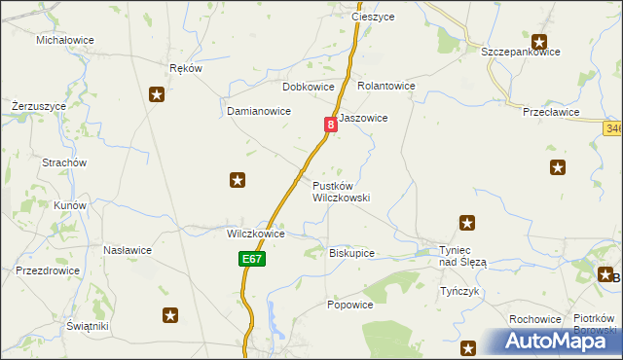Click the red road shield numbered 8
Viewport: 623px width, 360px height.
pyautogui.click(x=331, y=125)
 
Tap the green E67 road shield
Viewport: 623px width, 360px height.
pyautogui.click(x=251, y=259)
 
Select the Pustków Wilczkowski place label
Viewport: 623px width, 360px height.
pyautogui.click(x=341, y=191)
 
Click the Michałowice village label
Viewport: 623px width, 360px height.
pyautogui.click(x=65, y=40)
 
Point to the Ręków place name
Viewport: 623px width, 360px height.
pyautogui.click(x=185, y=68)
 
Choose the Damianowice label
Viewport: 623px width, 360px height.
pyautogui.click(x=259, y=111)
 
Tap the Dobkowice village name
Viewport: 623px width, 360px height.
pyautogui.click(x=309, y=86)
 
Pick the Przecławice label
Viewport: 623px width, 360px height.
pyautogui.click(x=551, y=112)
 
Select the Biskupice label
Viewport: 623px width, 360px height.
pyautogui.click(x=351, y=253)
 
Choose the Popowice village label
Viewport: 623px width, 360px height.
pyautogui.click(x=350, y=305)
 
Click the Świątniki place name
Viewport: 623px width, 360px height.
pyautogui.click(x=82, y=326)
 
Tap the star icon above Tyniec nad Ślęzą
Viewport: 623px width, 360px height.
pyautogui.click(x=467, y=223)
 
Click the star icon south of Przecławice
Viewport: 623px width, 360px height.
pyautogui.click(x=557, y=166)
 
